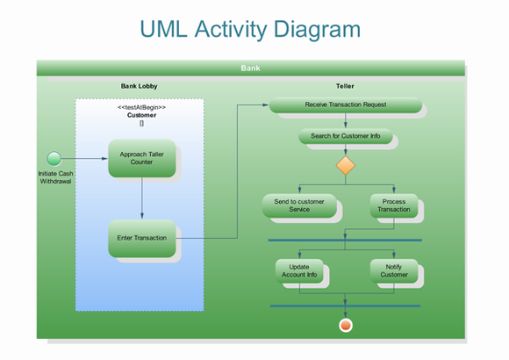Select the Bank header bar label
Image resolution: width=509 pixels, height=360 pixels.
[x=250, y=68]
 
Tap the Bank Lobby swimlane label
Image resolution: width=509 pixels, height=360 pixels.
[x=139, y=86]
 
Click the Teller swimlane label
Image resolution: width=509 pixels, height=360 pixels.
[x=345, y=86]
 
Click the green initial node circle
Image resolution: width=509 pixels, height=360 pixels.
[x=54, y=158]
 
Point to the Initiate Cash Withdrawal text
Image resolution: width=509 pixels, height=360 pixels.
[x=55, y=177]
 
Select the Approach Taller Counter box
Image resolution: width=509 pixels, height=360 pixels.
[x=141, y=158]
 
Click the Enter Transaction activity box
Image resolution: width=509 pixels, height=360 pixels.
[x=141, y=238]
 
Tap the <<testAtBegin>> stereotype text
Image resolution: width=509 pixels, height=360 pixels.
[x=141, y=107]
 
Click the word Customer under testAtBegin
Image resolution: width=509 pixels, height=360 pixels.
[x=141, y=115]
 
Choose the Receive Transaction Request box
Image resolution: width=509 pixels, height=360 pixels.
[x=345, y=104]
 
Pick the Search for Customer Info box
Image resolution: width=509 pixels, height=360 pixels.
[x=345, y=136]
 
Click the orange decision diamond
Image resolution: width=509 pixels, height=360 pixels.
[x=346, y=165]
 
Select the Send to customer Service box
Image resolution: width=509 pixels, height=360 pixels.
[x=299, y=205]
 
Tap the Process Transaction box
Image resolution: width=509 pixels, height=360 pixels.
[x=393, y=205]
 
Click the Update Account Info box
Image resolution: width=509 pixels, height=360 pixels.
[x=299, y=270]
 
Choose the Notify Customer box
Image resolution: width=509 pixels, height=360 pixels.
[x=393, y=270]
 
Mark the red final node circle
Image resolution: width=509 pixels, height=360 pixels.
[x=346, y=325]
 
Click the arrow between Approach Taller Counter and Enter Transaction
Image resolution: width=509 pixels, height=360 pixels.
[x=141, y=199]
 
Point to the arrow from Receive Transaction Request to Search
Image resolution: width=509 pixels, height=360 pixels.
[x=346, y=121]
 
